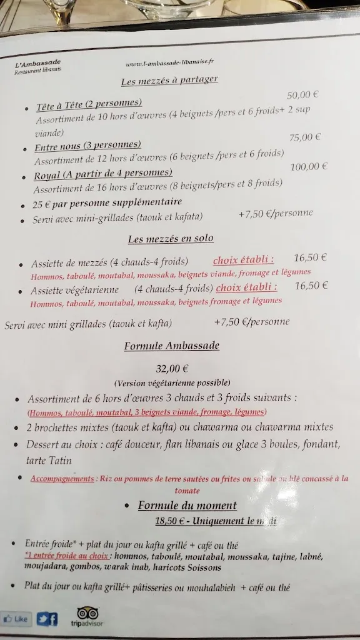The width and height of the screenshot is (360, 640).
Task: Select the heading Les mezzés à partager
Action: (x=169, y=81)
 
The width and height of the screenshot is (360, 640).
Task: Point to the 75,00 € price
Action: (x=304, y=137)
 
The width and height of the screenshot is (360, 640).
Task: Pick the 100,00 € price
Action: (x=309, y=167)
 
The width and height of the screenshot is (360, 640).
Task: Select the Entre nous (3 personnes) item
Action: (x=87, y=146)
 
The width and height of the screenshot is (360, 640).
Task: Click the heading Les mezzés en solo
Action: (x=171, y=239)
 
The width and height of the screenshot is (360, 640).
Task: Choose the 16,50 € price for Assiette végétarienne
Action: (x=311, y=286)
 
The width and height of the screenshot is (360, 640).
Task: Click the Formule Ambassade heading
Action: (x=172, y=346)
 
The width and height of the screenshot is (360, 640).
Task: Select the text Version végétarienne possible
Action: (x=172, y=382)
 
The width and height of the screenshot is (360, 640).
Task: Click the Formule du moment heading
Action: (x=187, y=506)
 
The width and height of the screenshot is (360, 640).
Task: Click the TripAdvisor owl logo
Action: (x=87, y=612)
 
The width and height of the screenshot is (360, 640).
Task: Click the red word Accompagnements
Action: (x=62, y=479)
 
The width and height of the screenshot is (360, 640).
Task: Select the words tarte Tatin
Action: (x=49, y=461)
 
